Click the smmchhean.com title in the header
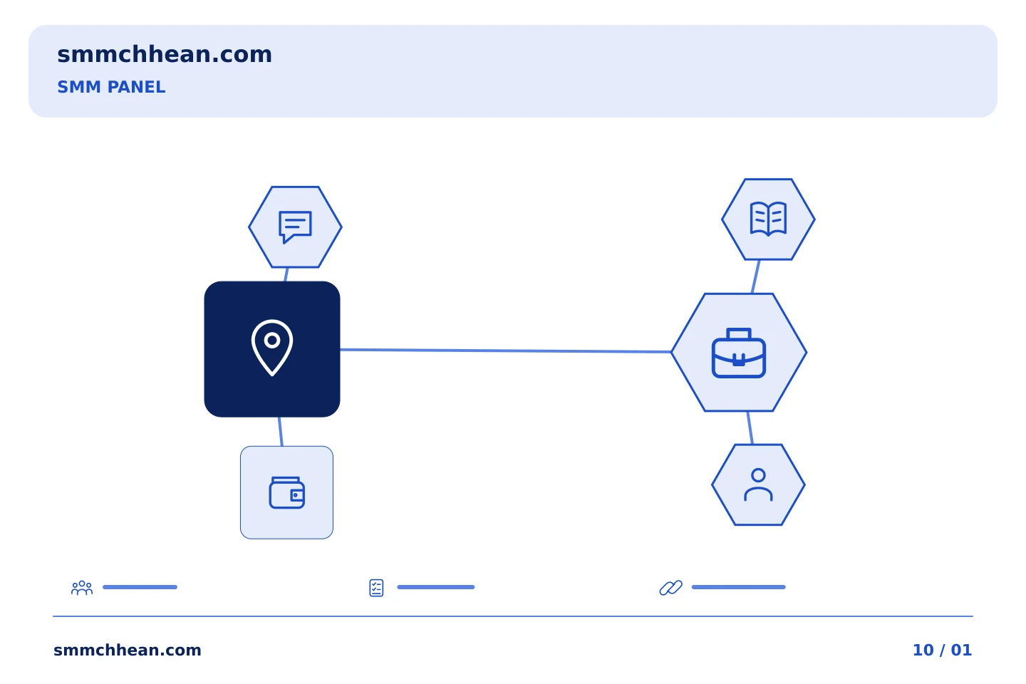click(x=165, y=55)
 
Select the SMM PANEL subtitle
click(x=111, y=87)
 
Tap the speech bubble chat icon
click(x=295, y=227)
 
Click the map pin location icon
click(x=272, y=348)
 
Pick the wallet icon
click(x=286, y=493)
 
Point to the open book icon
click(x=768, y=219)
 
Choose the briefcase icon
click(x=738, y=353)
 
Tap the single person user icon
click(x=758, y=484)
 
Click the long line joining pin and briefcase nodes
click(x=506, y=351)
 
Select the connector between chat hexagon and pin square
click(x=286, y=274)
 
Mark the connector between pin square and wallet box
click(x=280, y=432)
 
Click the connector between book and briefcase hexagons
click(x=756, y=276)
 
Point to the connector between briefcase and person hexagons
click(x=750, y=428)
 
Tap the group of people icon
click(x=82, y=588)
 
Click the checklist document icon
click(x=376, y=588)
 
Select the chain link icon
click(x=670, y=588)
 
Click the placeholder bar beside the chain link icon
click(x=738, y=587)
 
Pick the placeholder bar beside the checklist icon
click(x=435, y=587)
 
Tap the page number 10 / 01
click(x=942, y=650)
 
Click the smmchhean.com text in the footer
click(x=128, y=650)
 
